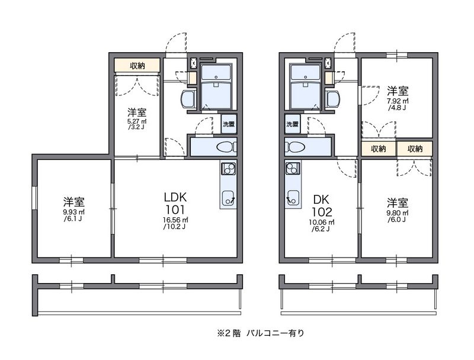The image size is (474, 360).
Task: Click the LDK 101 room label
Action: (176, 204)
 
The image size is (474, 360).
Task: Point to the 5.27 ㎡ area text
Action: (136, 123)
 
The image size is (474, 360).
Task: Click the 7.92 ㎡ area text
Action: (397, 102)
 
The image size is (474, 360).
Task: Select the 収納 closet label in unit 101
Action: (137, 66)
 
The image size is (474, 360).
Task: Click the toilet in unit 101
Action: (224, 147)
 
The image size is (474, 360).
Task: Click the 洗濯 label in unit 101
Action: (229, 124)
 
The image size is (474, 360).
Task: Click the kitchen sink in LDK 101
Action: (229, 198)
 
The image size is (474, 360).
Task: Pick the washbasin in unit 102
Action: (332, 98)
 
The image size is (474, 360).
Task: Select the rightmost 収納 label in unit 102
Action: (415, 149)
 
